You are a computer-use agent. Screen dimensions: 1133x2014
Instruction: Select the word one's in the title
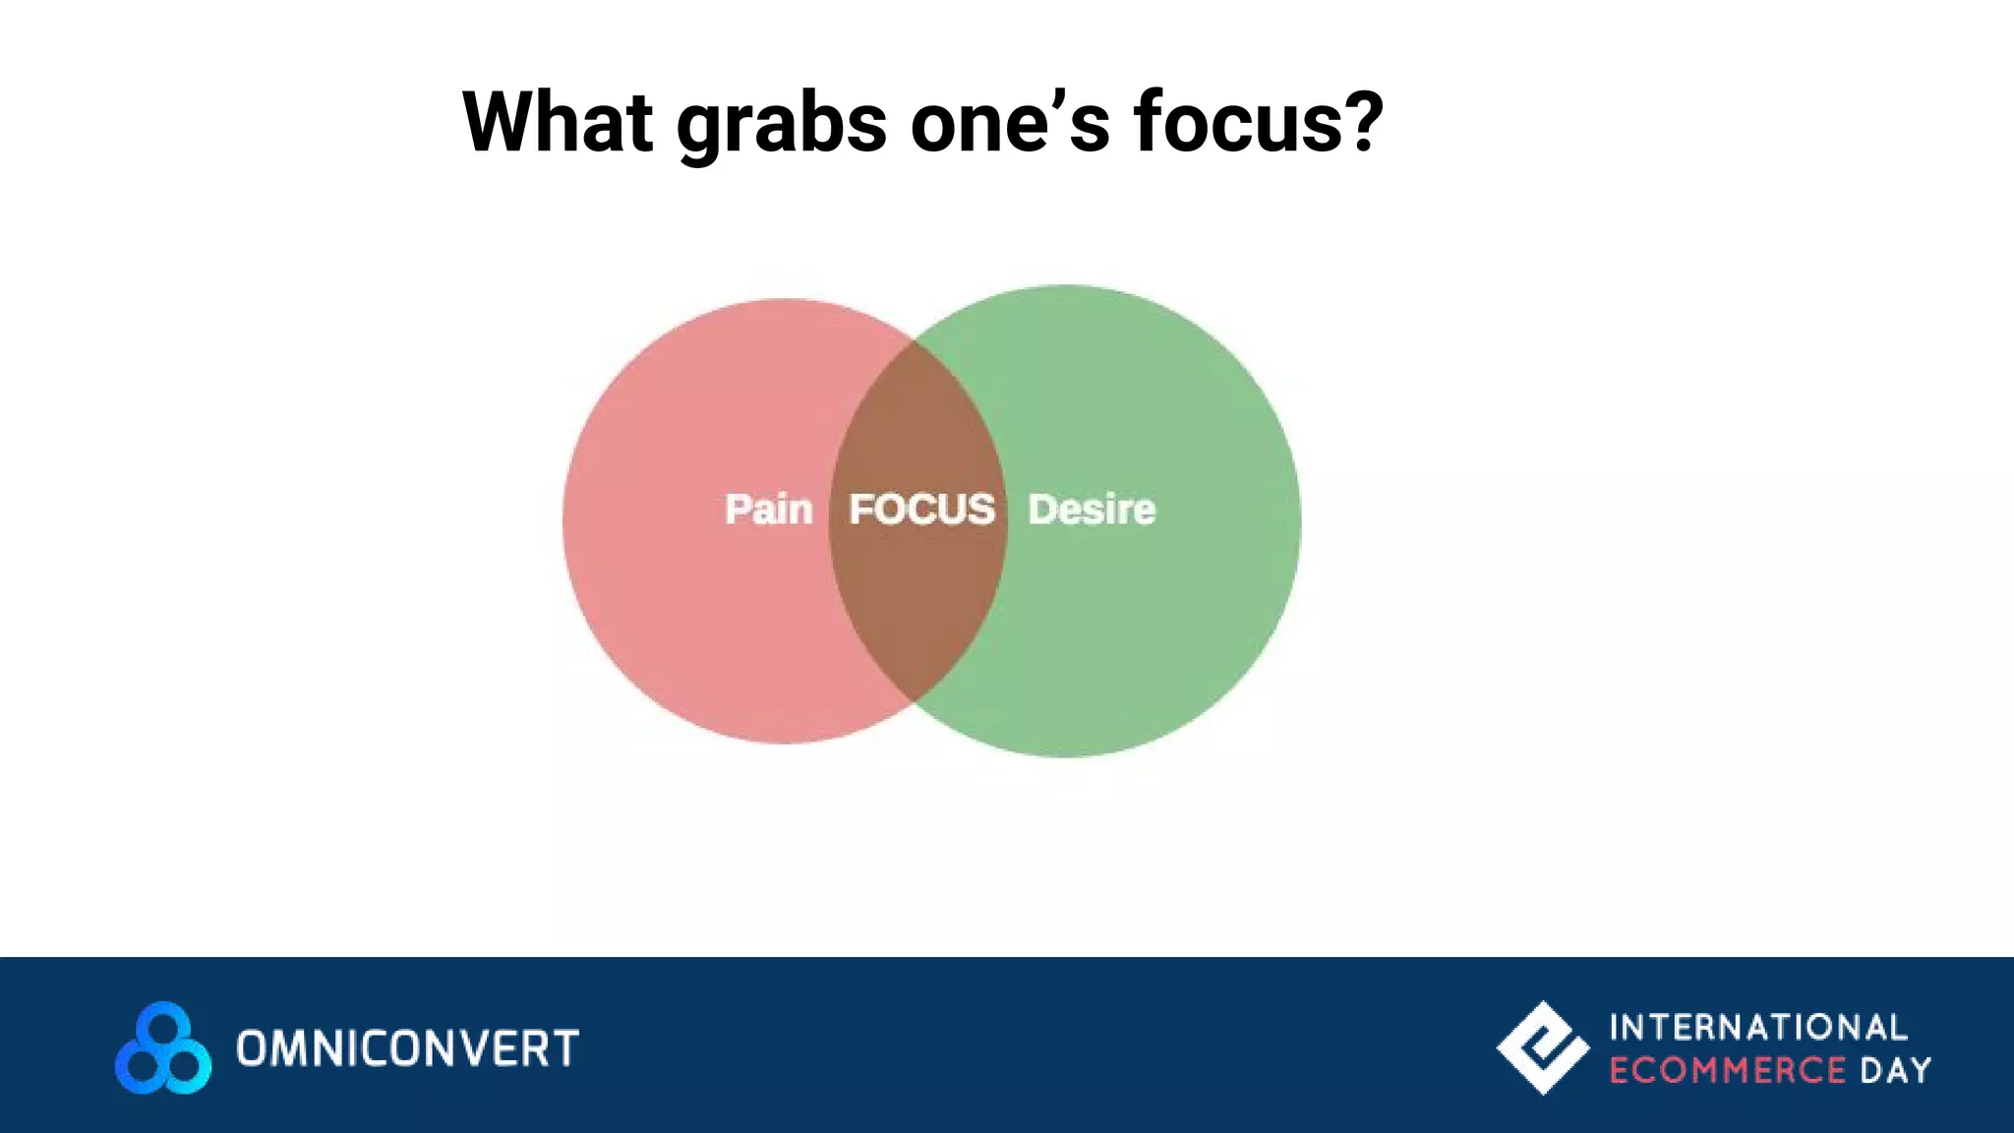1010,124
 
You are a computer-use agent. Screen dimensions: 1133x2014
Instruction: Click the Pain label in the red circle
768,509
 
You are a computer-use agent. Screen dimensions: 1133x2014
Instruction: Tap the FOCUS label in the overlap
921,509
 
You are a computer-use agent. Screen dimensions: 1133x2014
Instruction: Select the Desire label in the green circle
1092,509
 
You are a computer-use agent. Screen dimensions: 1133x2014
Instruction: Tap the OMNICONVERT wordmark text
407,1048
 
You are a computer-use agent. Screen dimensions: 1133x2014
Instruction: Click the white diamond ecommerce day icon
1542,1047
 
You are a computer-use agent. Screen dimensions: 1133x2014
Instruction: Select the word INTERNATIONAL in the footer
1758,1028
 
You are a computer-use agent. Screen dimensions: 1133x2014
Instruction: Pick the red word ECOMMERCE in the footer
1727,1070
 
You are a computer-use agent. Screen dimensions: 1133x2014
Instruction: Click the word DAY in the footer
1895,1070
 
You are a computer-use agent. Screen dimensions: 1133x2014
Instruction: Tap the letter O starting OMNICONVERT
253,1048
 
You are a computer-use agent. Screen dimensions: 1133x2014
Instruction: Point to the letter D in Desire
1042,509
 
